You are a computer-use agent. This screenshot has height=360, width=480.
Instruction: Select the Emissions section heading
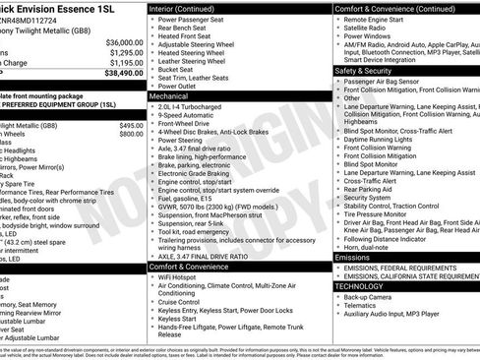[358, 257]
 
